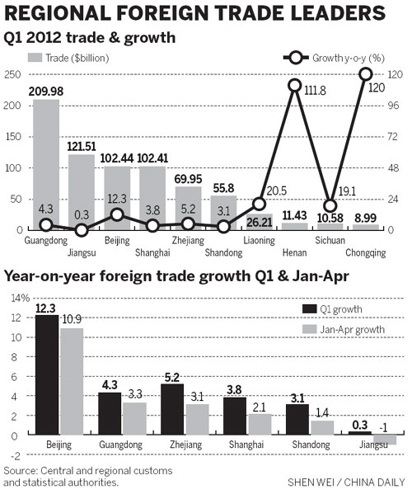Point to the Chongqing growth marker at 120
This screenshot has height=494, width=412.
coord(366,74)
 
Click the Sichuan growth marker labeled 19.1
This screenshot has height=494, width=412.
coord(330,205)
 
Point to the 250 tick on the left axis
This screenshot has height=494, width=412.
coord(12,75)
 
